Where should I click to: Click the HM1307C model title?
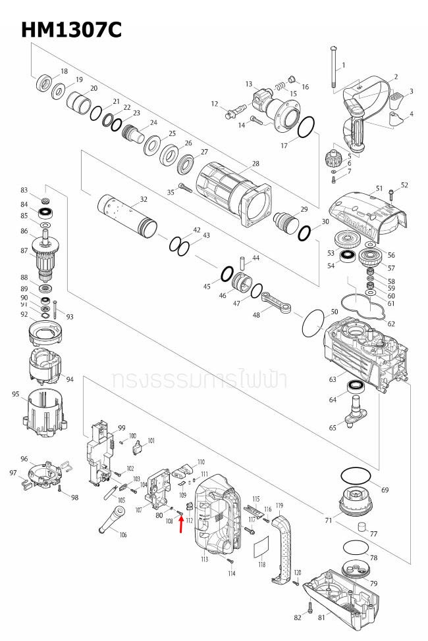(x=71, y=30)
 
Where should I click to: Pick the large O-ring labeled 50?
(x=313, y=324)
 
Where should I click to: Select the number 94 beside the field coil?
(x=70, y=379)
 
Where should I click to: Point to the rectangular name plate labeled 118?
(x=261, y=546)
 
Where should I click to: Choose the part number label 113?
(x=204, y=559)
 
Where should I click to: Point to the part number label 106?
(x=122, y=534)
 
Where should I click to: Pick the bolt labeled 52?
(x=391, y=193)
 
